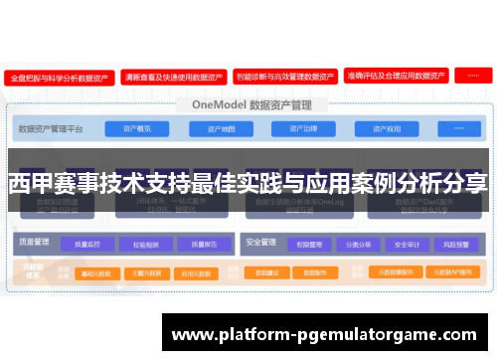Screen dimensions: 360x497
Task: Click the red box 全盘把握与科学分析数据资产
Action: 58,76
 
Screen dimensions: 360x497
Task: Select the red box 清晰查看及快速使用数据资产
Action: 172,76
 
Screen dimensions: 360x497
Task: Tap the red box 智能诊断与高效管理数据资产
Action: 284,76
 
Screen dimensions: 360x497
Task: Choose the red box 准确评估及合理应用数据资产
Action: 396,76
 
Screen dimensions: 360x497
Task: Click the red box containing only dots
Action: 474,76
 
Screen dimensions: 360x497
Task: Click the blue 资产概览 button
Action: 136,128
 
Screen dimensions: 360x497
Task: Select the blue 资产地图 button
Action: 221,128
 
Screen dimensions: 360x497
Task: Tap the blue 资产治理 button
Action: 302,128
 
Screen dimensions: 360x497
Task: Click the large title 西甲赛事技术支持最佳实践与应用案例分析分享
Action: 248,184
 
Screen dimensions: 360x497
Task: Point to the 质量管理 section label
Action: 34,241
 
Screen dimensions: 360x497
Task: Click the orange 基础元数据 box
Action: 99,271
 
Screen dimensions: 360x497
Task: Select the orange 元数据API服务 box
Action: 450,271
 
